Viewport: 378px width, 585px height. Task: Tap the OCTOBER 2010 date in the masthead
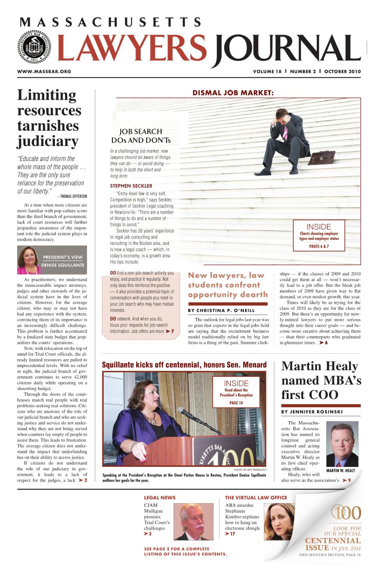click(343, 71)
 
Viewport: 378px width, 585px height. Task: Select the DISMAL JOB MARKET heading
click(233, 93)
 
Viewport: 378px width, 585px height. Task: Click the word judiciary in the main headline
click(48, 141)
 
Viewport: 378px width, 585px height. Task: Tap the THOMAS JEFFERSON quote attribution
click(72, 196)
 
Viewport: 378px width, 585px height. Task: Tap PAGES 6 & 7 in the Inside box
click(319, 246)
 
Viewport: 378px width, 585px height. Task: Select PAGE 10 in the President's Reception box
click(236, 403)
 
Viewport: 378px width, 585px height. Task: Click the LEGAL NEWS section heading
click(160, 498)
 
